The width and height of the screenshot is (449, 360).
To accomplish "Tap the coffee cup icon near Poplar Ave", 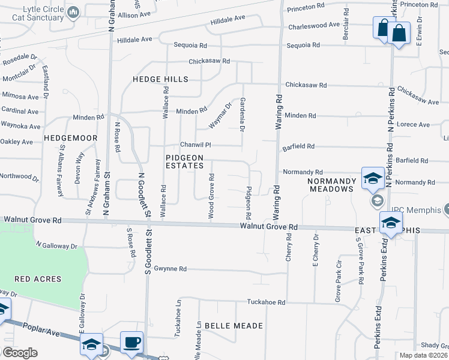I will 131,343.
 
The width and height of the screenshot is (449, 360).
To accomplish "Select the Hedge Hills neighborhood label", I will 160,79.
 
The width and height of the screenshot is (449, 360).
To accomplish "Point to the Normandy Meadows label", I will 331,185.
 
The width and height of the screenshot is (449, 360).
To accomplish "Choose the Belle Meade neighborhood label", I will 234,325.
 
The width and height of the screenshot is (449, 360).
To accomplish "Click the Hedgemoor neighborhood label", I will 71,138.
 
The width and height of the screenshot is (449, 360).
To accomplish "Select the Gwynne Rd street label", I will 170,269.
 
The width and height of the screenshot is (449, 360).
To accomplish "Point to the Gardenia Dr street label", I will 243,115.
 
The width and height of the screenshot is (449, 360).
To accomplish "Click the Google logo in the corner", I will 20,353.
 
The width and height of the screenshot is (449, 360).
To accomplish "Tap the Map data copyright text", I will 423,355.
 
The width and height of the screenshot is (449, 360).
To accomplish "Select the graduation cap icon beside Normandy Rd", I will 372,178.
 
